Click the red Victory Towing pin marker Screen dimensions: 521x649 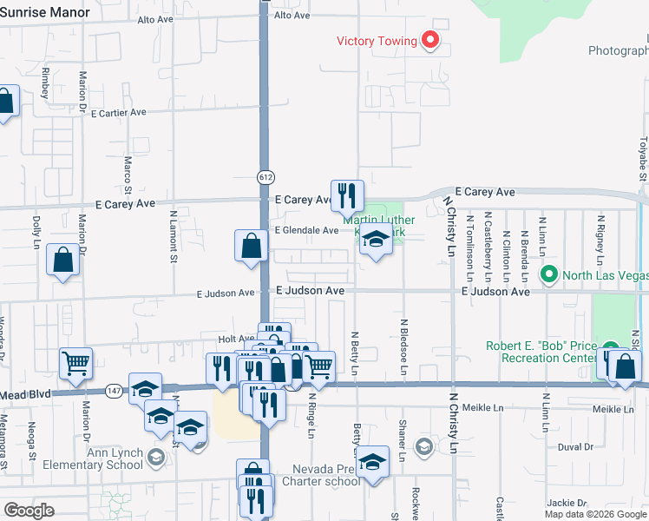click(429, 40)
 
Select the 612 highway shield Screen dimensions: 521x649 click(265, 176)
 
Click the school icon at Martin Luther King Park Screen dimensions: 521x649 click(376, 240)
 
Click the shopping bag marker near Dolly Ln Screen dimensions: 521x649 click(63, 260)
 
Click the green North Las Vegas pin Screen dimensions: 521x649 click(548, 274)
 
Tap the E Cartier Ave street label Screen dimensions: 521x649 click(118, 113)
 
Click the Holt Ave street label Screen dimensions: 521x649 click(235, 339)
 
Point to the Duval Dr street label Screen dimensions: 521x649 click(575, 447)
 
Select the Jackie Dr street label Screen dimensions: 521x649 click(567, 503)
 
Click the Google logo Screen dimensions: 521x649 click(29, 511)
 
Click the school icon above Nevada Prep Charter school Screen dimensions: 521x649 click(373, 461)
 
